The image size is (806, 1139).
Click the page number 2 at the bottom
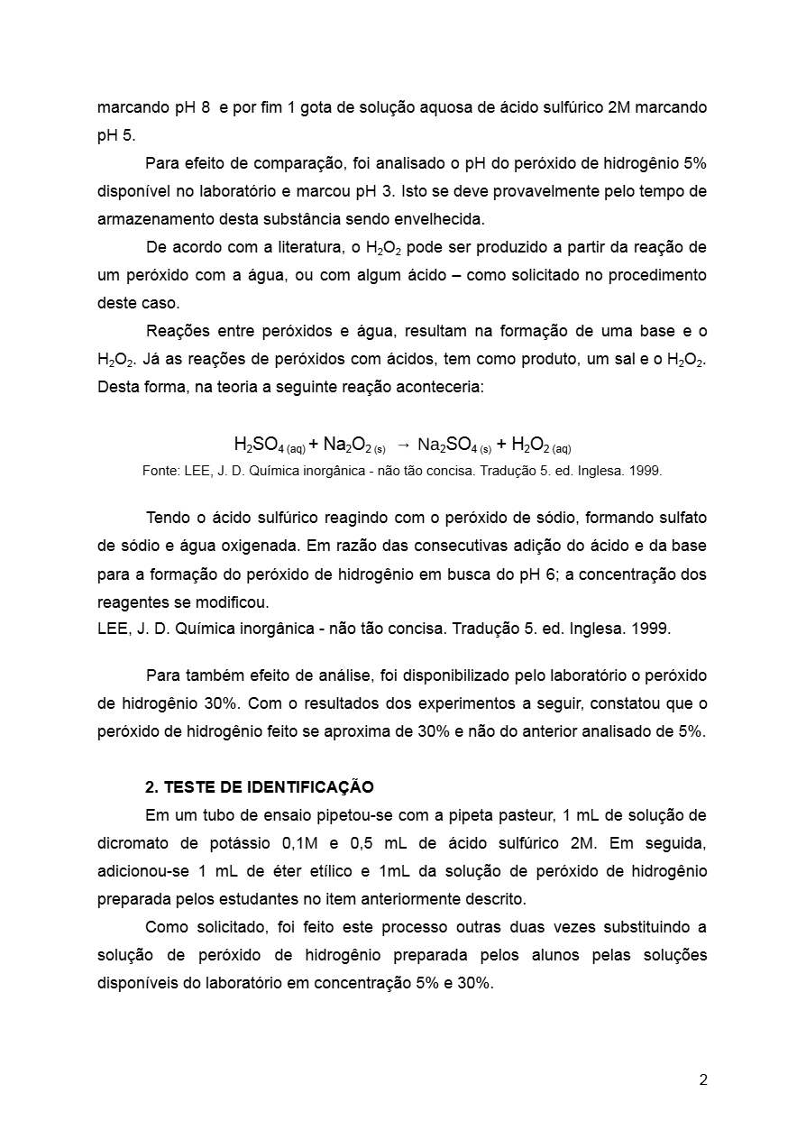[703, 1080]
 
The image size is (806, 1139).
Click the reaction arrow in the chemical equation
[404, 445]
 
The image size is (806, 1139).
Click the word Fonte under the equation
[161, 471]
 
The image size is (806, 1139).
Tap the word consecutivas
[438, 546]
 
